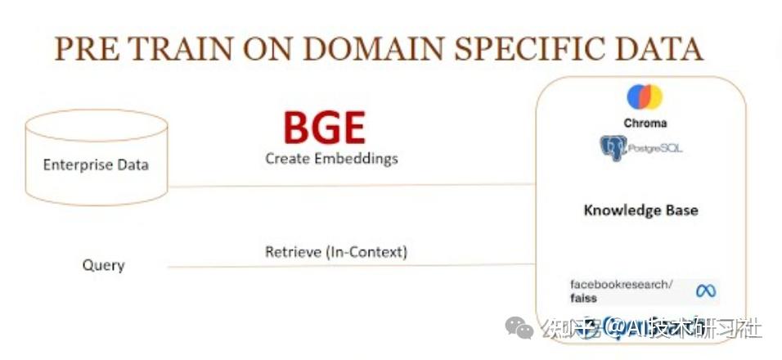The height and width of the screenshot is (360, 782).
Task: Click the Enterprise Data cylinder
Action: point(96,159)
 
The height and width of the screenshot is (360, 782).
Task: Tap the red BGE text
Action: point(324,128)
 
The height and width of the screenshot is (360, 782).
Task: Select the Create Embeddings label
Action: point(331,158)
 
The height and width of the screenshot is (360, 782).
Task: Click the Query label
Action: point(104,265)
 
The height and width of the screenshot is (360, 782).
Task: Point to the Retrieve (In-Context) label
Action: point(335,252)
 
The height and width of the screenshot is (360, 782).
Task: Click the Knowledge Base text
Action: point(640,210)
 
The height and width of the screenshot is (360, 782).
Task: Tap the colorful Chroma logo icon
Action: point(645,97)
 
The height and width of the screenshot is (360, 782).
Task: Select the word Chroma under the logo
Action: point(645,123)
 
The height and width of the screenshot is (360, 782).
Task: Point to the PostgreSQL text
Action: point(656,149)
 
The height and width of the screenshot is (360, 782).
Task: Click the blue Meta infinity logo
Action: point(705,290)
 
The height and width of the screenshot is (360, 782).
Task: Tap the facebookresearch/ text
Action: point(621,284)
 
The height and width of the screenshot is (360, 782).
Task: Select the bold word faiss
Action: point(584,298)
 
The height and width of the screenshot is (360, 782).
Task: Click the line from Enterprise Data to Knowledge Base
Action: point(352,186)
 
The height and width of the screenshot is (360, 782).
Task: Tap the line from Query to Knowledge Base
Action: point(352,265)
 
